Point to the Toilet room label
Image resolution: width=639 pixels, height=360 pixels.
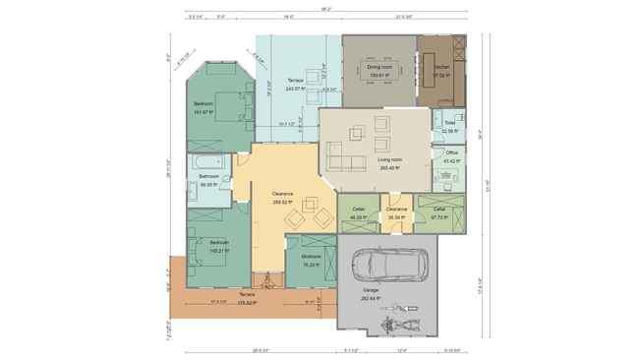pyautogui.click(x=449, y=123)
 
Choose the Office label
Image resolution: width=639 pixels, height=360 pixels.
pyautogui.click(x=451, y=152)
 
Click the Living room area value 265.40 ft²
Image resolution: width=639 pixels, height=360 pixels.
pyautogui.click(x=390, y=167)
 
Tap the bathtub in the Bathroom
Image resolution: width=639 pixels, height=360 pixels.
pyautogui.click(x=207, y=161)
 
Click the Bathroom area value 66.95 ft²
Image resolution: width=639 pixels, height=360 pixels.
pyautogui.click(x=208, y=184)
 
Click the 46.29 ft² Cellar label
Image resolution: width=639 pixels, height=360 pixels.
pyautogui.click(x=354, y=214)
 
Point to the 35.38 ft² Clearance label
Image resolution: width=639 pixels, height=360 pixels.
pyautogui.click(x=396, y=214)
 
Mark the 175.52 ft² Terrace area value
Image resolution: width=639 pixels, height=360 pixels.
pyautogui.click(x=247, y=302)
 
